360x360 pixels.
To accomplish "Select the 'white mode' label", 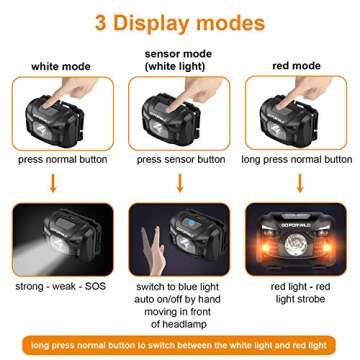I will point(61,66).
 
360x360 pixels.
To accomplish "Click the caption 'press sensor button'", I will point(181,159).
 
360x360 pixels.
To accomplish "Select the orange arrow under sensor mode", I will point(180,182).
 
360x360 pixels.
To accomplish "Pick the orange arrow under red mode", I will point(299,182).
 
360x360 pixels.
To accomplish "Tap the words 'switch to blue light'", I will point(180,285).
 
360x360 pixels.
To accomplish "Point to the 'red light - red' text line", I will point(299,285).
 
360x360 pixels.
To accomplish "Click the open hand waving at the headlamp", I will point(152,246).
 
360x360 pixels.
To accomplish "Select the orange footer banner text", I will point(180,345).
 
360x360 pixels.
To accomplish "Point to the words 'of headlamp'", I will point(180,324).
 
